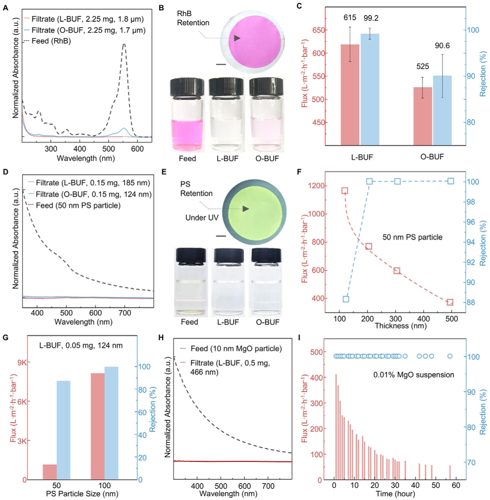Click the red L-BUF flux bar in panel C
pos(350,94)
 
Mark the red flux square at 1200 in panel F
pos(345,191)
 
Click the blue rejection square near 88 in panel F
pos(346,299)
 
